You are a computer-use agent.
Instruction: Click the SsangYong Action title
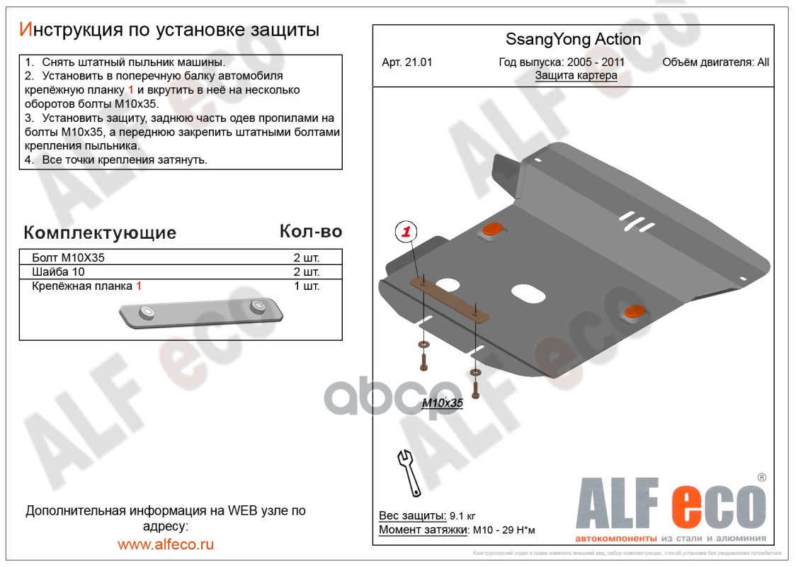573,40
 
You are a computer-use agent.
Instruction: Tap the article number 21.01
407,62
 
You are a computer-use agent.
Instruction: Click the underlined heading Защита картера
576,76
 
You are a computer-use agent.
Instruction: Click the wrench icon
409,471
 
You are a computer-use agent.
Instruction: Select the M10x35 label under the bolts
442,403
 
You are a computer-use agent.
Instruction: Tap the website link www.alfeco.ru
166,544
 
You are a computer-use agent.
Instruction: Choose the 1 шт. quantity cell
307,286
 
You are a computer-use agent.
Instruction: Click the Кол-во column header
310,232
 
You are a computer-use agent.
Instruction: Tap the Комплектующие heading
100,232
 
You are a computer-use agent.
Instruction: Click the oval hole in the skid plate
528,293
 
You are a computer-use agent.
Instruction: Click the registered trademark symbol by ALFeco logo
762,478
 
